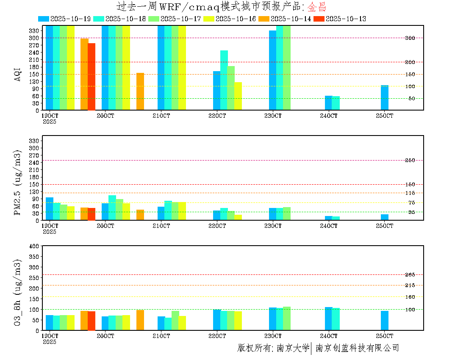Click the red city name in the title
(x=317, y=7)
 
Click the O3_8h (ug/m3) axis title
(x=18, y=292)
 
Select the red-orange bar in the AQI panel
(x=92, y=77)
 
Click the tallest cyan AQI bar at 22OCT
(x=224, y=80)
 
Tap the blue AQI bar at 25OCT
(x=385, y=97)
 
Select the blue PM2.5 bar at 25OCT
(x=385, y=217)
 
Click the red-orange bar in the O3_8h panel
(x=92, y=321)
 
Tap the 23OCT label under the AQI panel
(x=273, y=116)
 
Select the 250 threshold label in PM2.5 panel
(x=410, y=160)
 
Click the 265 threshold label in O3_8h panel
(x=410, y=275)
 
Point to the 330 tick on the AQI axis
(x=34, y=30)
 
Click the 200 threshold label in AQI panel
(x=410, y=62)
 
